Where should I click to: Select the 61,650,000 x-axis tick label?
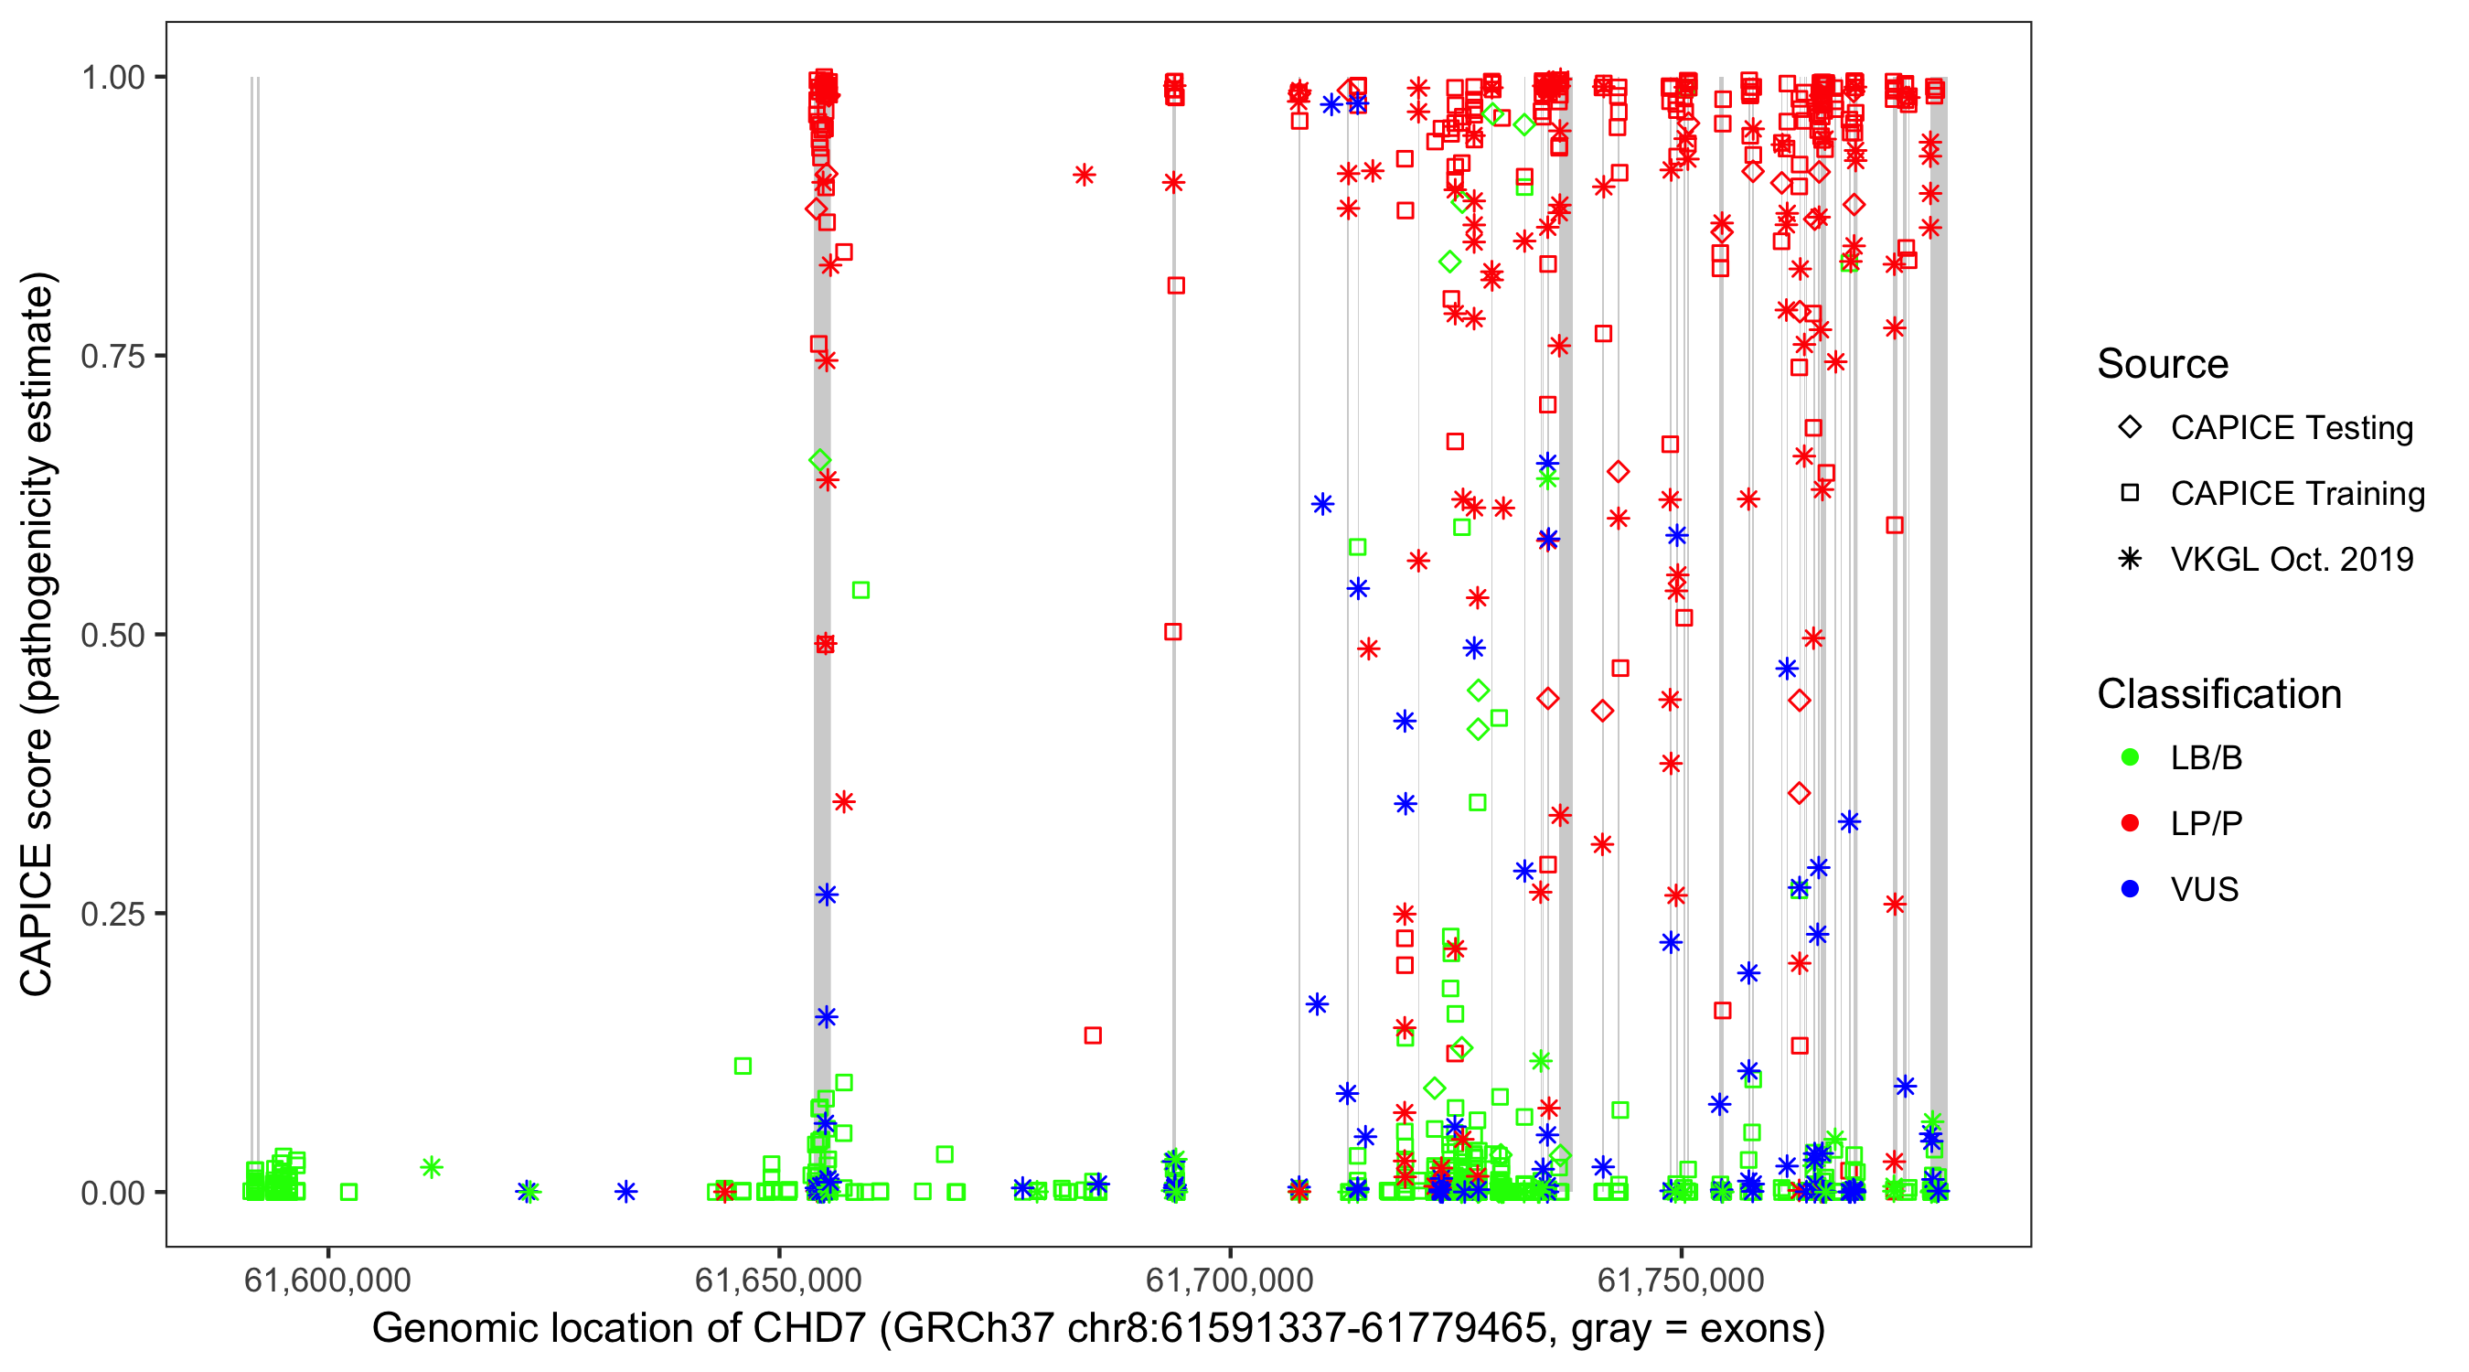[778, 1280]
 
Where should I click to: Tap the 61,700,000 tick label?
[1230, 1280]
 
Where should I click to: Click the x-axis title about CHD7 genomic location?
[1098, 1329]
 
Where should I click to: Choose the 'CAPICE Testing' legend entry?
[2291, 428]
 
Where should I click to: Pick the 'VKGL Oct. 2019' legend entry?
[2291, 559]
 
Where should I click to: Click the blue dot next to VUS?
[2131, 889]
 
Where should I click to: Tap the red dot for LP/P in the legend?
[2131, 823]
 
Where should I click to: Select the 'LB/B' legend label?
[2207, 758]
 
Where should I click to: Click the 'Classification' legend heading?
[2218, 694]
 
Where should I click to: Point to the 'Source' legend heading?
[2163, 364]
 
